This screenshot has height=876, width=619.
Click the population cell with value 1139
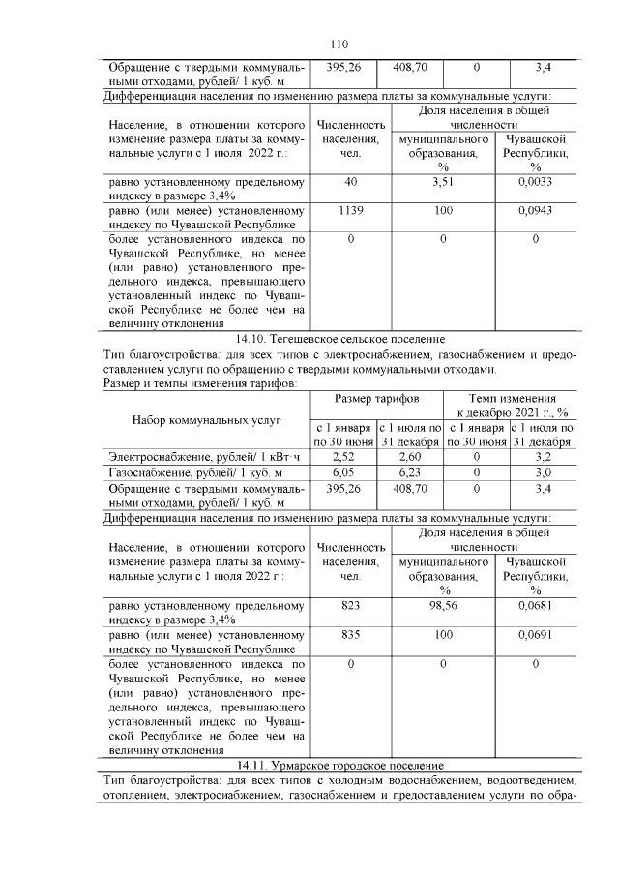tap(350, 209)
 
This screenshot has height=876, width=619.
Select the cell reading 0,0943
tap(535, 209)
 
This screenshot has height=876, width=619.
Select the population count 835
tap(350, 634)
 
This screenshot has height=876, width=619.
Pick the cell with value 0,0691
tap(535, 634)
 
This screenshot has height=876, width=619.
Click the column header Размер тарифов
tap(377, 399)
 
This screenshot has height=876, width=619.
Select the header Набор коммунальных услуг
tap(206, 420)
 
